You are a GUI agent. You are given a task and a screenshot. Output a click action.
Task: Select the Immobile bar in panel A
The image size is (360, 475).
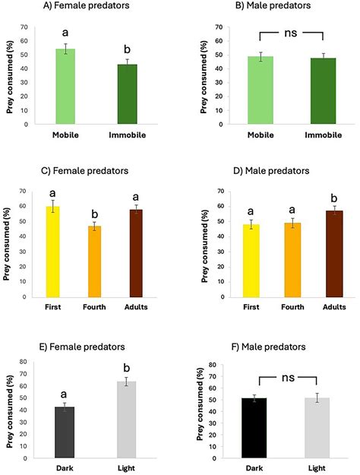[x=128, y=94]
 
